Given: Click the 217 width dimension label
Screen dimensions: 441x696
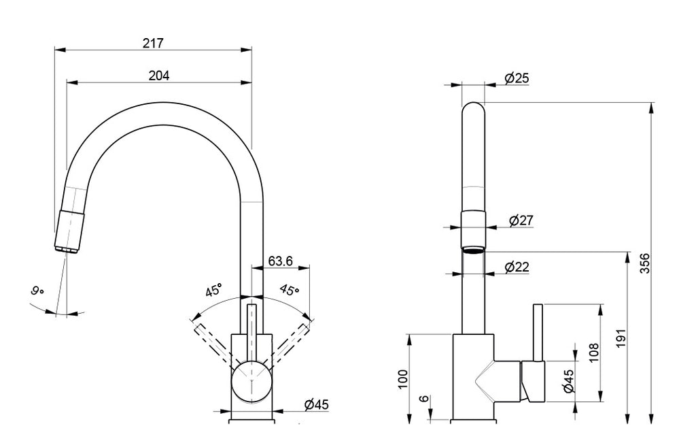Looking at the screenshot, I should point(153,42).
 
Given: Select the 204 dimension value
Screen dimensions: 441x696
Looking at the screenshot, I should point(158,76).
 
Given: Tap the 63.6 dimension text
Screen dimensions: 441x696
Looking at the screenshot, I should point(281,260).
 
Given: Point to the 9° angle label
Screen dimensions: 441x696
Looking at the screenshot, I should point(38,291).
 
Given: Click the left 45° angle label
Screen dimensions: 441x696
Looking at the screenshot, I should point(214,291).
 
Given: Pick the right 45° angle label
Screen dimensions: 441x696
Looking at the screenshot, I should point(290,291).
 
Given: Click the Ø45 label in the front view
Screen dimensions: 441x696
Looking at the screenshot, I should point(316,404).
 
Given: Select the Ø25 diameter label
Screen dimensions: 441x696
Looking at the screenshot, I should point(517,78).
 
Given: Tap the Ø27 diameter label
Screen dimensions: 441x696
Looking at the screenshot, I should point(521,220).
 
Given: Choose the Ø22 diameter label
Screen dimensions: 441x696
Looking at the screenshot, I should point(517,267).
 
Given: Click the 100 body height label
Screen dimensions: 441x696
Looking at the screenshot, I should point(402,378).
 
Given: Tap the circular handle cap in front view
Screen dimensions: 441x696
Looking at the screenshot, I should point(252,382).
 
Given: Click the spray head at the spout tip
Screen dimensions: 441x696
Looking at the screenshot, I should point(69,231).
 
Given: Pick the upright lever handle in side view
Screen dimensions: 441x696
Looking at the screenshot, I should point(537,333).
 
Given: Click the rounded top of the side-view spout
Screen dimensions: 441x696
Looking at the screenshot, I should point(473,112).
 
